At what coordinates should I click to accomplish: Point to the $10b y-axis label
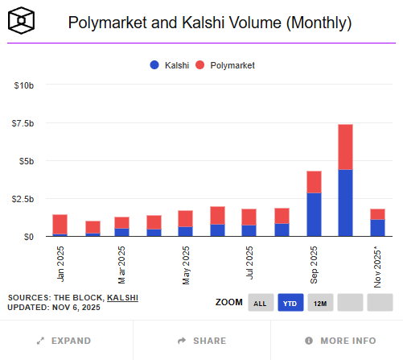[x=23, y=85]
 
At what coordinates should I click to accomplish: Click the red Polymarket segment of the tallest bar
[x=345, y=147]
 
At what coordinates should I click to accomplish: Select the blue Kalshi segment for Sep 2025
[x=314, y=214]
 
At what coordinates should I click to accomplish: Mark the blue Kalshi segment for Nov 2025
[x=377, y=228]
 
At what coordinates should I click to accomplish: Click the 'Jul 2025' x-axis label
[x=250, y=263]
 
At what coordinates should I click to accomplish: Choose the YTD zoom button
[x=290, y=303]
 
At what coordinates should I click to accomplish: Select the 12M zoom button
[x=320, y=303]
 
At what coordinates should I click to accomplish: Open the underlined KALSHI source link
[x=122, y=297]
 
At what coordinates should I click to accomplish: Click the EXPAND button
[x=66, y=341]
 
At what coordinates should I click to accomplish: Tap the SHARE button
[x=201, y=341]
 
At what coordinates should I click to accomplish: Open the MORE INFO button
[x=335, y=341]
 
